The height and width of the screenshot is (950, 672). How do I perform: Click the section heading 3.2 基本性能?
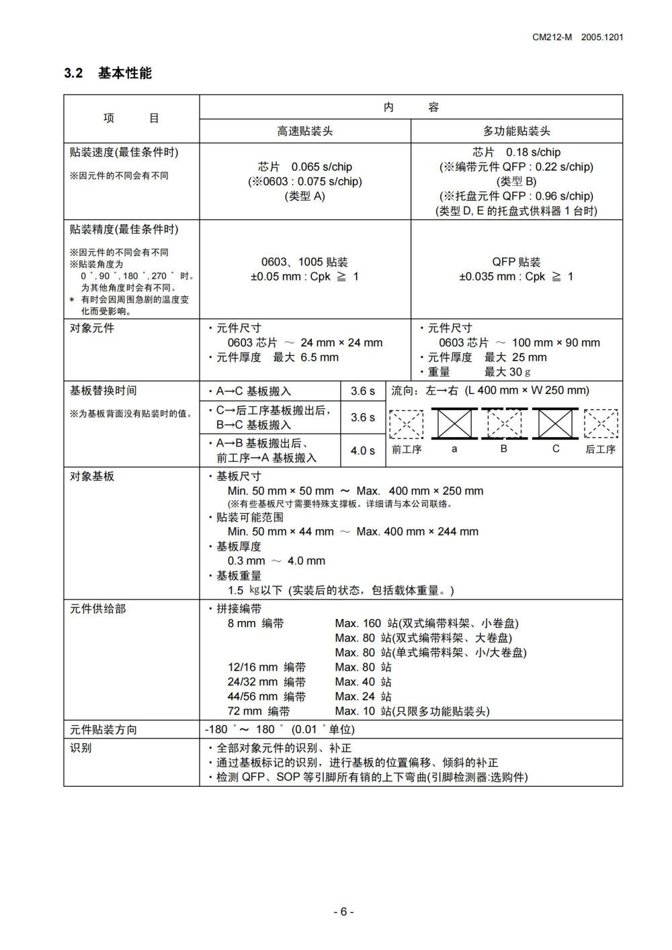click(108, 73)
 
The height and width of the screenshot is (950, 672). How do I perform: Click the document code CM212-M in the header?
click(552, 38)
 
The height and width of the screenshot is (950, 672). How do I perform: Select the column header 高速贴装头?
click(305, 132)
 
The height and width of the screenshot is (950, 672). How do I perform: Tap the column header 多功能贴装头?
click(516, 132)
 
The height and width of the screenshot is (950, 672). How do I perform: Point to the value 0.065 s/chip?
click(321, 167)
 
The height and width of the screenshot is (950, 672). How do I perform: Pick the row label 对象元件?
click(92, 328)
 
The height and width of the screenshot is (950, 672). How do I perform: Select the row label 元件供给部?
click(97, 609)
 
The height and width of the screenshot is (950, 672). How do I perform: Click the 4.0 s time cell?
click(363, 450)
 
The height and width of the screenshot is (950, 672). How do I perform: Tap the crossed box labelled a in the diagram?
click(454, 424)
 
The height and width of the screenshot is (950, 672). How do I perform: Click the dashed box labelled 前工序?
click(407, 424)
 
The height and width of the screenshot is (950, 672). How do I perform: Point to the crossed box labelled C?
click(555, 424)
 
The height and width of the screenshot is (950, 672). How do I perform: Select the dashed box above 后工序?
click(600, 424)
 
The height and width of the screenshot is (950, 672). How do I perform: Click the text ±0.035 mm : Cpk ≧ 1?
click(516, 277)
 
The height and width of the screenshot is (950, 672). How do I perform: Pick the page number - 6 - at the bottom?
click(343, 912)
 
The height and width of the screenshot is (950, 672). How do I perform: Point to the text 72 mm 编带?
click(259, 711)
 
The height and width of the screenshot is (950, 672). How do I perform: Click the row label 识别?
click(81, 748)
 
